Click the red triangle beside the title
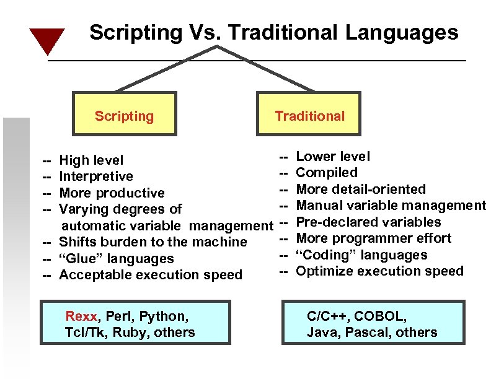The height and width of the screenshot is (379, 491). tap(47, 40)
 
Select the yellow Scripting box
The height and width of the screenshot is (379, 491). tap(124, 114)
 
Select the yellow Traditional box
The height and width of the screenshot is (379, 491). tap(309, 114)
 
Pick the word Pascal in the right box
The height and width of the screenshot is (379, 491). tap(368, 333)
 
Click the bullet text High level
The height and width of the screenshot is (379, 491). tap(91, 160)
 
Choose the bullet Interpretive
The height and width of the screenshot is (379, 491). tap(95, 176)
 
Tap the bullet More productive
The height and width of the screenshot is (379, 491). tap(112, 193)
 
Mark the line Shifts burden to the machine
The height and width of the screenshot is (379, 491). tap(153, 242)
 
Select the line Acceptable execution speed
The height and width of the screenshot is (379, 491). tap(150, 275)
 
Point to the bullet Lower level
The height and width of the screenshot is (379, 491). tap(333, 157)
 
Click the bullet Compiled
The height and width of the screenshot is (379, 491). tap(327, 173)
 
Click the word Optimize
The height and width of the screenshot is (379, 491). tap(322, 271)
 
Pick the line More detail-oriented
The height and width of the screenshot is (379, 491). tap(361, 189)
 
